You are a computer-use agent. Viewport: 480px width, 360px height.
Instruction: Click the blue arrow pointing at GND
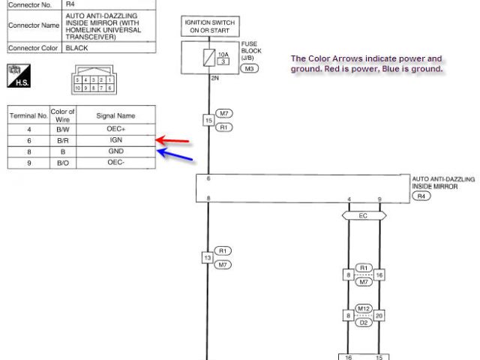[x=175, y=155]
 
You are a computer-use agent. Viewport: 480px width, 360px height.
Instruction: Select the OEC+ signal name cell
[x=115, y=128]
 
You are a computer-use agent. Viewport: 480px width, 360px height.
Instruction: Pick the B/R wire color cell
[x=63, y=139]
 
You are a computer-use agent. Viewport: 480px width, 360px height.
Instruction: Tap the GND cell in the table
[x=115, y=151]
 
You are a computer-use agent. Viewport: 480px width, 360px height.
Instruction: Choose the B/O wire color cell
[x=63, y=162]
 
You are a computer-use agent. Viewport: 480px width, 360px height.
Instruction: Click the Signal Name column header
[x=115, y=115]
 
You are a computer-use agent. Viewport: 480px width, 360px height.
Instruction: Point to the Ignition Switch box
[x=208, y=26]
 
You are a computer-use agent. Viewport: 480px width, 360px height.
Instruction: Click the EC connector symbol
[x=364, y=215]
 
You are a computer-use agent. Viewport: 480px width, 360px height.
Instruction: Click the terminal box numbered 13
[x=208, y=258]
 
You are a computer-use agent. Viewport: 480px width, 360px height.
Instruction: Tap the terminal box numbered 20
[x=380, y=315]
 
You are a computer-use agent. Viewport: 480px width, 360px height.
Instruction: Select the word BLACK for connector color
[x=76, y=48]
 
